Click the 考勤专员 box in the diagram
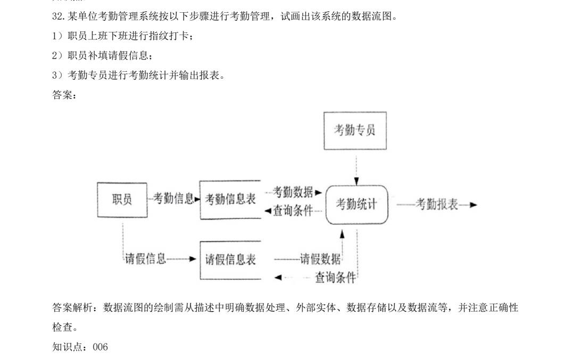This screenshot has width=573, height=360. [x=355, y=131]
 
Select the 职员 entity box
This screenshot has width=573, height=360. [x=122, y=200]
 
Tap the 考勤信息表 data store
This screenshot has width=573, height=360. [x=230, y=200]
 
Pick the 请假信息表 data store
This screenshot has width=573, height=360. [x=230, y=260]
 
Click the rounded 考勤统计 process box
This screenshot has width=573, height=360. [x=356, y=205]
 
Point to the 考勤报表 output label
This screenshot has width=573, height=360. [x=437, y=205]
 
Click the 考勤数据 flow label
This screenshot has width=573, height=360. [x=293, y=192]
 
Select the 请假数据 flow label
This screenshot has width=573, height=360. [x=320, y=259]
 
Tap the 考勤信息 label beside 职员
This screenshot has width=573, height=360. [x=173, y=199]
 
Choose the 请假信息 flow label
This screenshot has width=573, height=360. [x=145, y=259]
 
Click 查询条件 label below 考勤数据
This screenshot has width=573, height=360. [x=293, y=211]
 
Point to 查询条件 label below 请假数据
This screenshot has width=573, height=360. [x=336, y=278]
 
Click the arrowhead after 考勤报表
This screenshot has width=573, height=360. [x=473, y=205]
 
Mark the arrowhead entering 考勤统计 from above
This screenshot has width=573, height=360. [x=356, y=181]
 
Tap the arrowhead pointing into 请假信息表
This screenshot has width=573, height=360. [x=193, y=259]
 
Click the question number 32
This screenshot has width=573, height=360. [x=59, y=16]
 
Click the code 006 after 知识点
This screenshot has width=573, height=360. [x=100, y=347]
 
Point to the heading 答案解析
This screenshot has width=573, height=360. [x=72, y=308]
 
